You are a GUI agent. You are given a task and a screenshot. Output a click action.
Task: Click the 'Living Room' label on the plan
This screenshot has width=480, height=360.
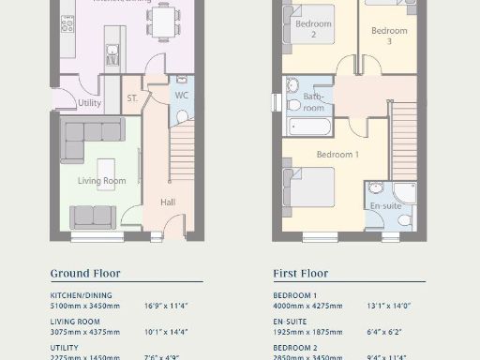pyautogui.click(x=100, y=181)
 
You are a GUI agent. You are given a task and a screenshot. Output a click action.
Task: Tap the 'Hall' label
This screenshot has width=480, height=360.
pyautogui.click(x=168, y=202)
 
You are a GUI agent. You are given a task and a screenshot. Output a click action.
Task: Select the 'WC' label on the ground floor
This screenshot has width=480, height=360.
pyautogui.click(x=182, y=97)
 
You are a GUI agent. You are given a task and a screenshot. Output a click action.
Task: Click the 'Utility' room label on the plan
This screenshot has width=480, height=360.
pyautogui.click(x=90, y=103)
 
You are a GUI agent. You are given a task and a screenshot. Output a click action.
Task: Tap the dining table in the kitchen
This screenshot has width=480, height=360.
pyautogui.click(x=164, y=21)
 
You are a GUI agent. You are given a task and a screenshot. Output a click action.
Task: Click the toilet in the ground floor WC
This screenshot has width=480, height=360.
pyautogui.click(x=183, y=115)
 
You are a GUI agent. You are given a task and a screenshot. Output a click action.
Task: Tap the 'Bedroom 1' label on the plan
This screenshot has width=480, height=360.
pyautogui.click(x=335, y=154)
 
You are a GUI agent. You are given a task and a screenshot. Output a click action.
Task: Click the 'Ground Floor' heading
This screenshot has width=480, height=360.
pyautogui.click(x=85, y=274)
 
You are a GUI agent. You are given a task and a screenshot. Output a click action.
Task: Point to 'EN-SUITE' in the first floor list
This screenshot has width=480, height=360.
pyautogui.click(x=291, y=321)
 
